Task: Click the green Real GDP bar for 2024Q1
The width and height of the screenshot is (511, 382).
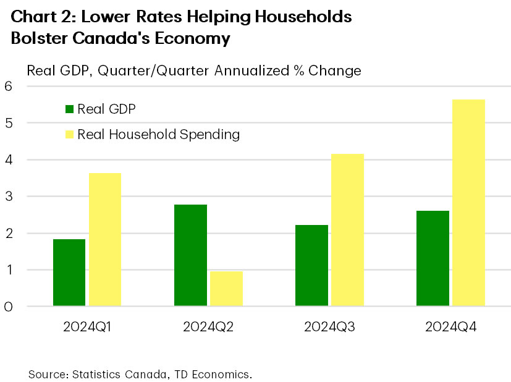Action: (69, 272)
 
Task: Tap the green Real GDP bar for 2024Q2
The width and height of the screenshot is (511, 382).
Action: (190, 255)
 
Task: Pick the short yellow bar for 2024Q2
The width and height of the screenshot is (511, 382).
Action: (226, 288)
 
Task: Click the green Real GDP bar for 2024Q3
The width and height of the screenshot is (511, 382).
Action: (311, 265)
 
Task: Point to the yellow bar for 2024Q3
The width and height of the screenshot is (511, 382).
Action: (347, 229)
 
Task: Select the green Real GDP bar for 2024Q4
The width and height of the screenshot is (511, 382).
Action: (433, 258)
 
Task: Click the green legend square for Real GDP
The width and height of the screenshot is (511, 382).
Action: (69, 109)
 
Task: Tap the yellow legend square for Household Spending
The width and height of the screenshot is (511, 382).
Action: (69, 134)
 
